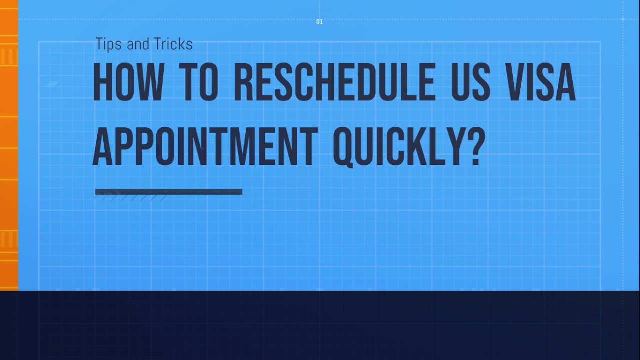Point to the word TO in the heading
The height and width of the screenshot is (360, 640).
click(x=200, y=82)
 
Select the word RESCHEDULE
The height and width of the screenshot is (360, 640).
click(x=334, y=82)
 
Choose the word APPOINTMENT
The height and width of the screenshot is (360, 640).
click(x=204, y=147)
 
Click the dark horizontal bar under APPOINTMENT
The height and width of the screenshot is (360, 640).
click(x=168, y=191)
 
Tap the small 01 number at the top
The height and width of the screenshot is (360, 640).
click(x=319, y=22)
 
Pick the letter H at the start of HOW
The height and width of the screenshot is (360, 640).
click(x=102, y=82)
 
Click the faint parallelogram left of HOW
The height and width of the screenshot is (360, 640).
click(x=52, y=84)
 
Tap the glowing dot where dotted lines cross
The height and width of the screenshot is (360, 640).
click(x=622, y=19)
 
